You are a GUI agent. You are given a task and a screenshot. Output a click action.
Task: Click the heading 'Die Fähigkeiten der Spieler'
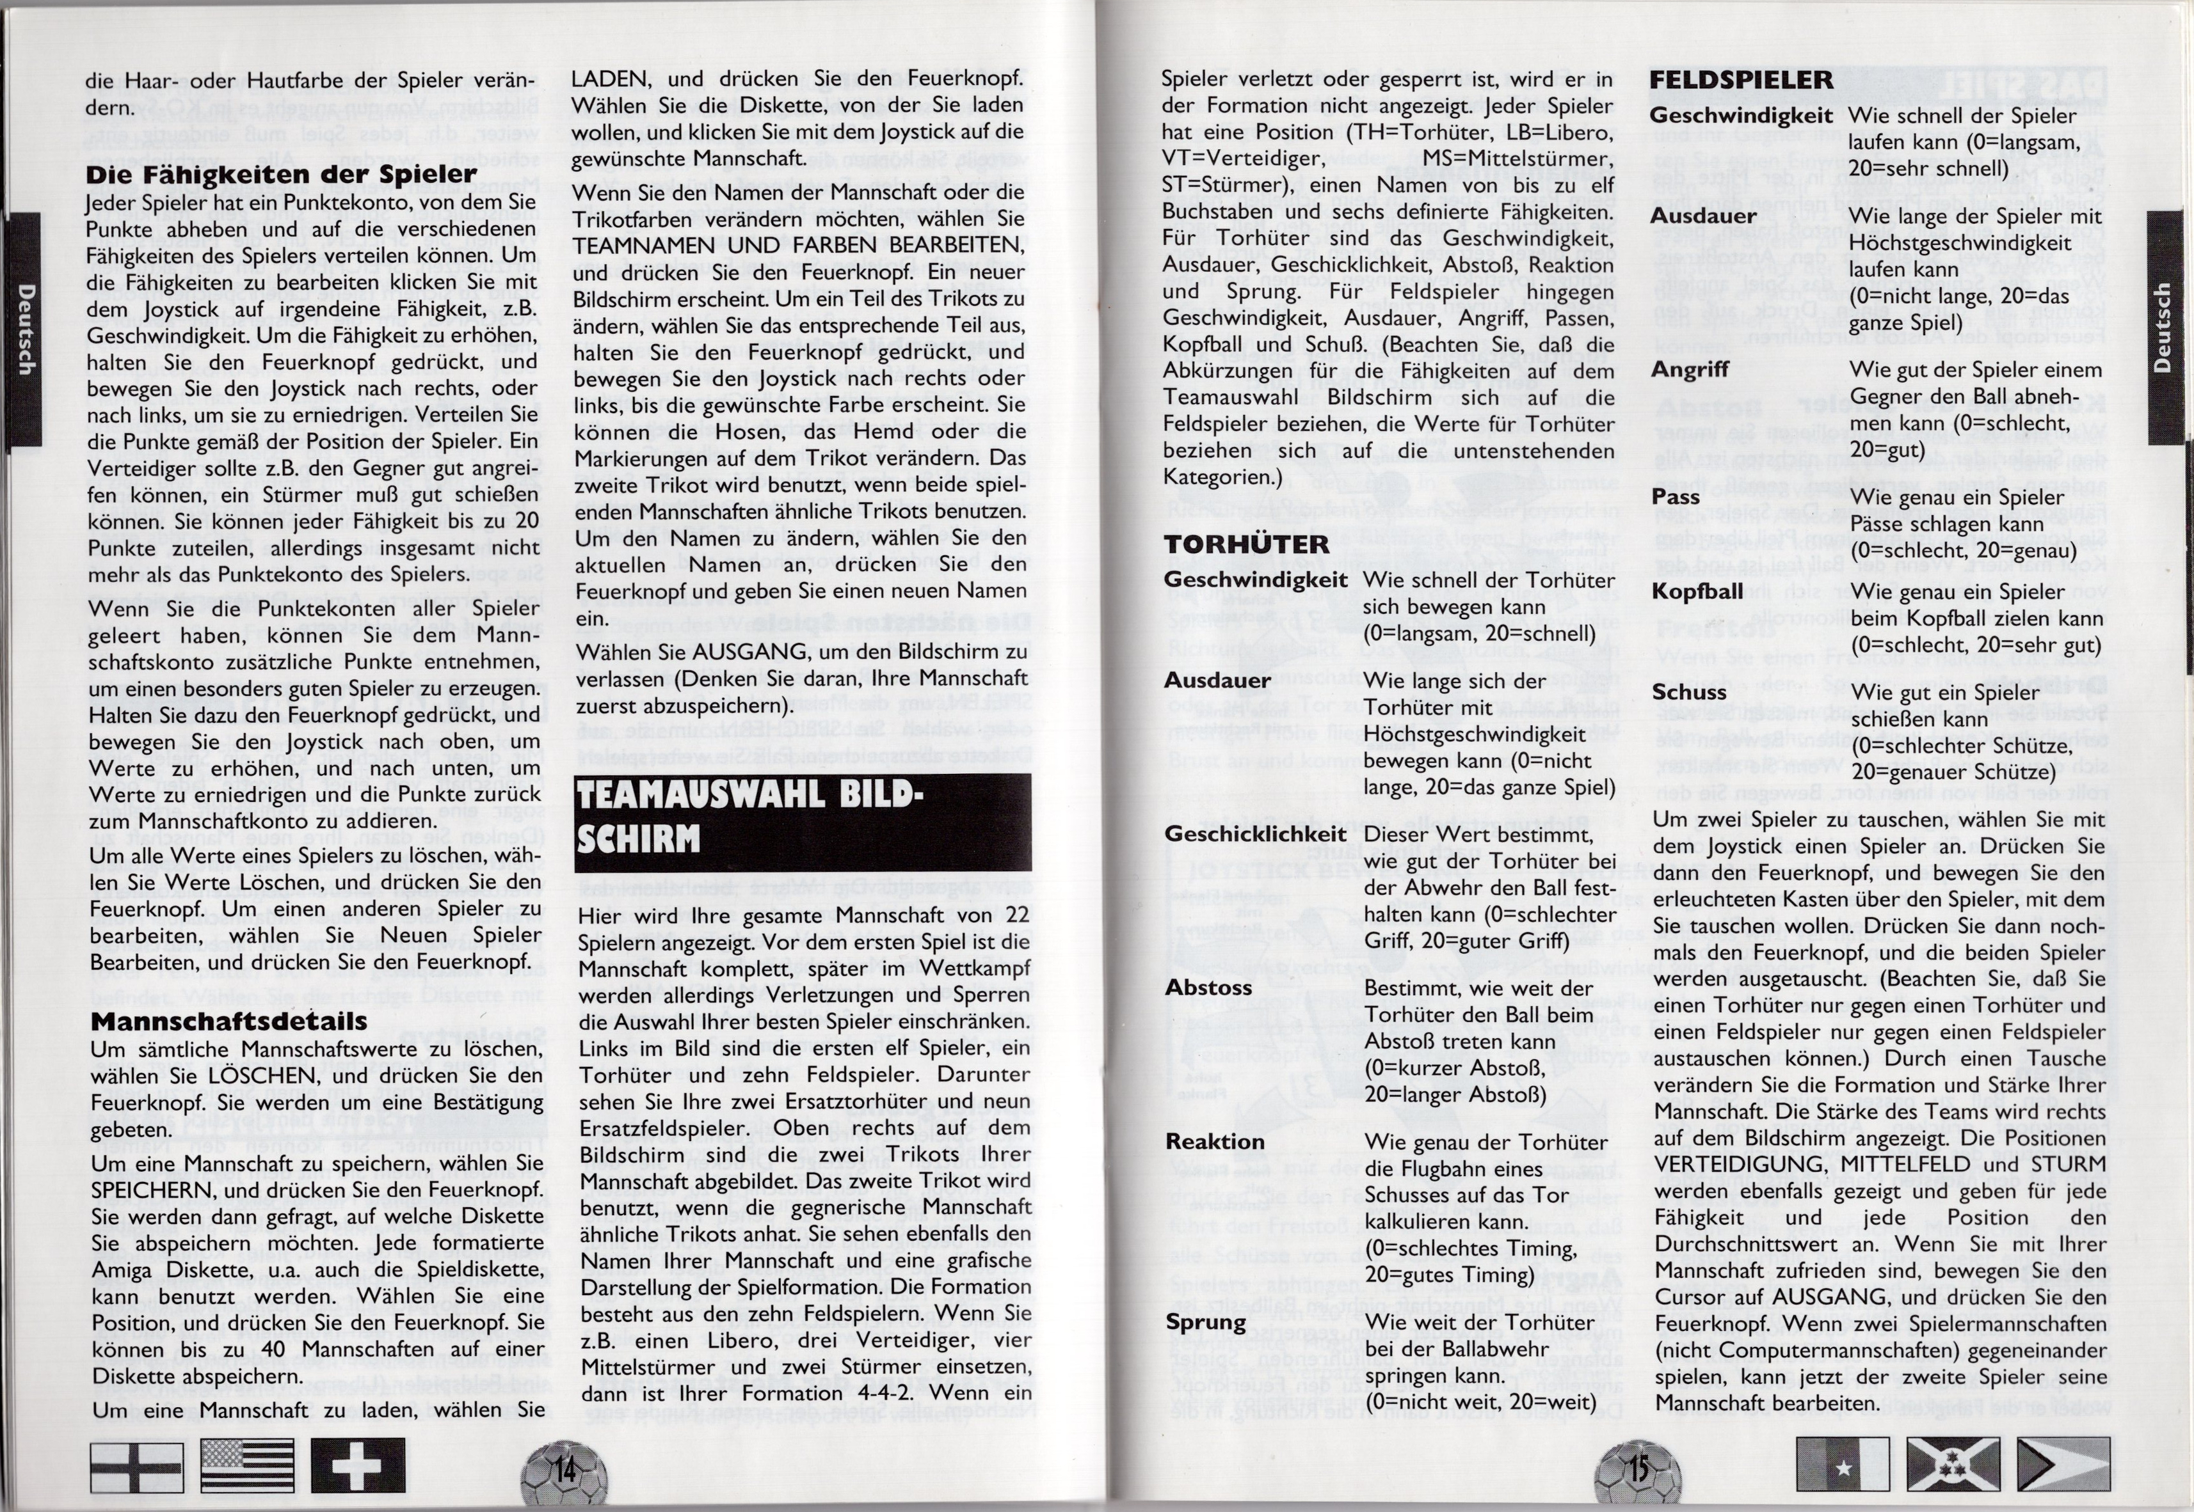[280, 175]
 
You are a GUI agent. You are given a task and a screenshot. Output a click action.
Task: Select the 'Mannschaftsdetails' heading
[228, 1020]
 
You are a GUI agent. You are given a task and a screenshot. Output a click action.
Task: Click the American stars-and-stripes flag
[247, 1465]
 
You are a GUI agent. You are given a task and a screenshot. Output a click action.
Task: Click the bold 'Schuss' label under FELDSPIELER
[1689, 693]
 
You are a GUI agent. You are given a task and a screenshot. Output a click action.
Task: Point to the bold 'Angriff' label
[1689, 370]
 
